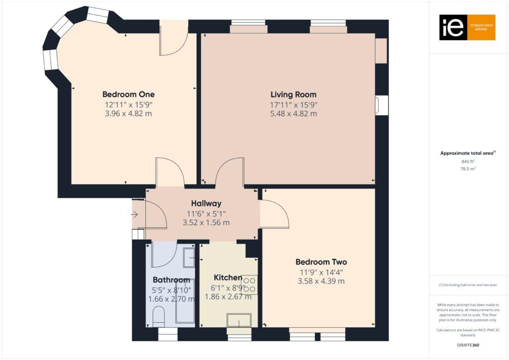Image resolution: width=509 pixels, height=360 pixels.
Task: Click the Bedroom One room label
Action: [128, 94]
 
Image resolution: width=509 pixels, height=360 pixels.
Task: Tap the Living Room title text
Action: [293, 94]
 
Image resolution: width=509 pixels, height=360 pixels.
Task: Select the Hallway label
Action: [206, 203]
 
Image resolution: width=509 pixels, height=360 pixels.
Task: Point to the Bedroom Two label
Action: [321, 262]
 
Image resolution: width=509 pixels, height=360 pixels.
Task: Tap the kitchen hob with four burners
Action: [249, 284]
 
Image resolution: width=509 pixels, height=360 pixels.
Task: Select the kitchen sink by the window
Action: [239, 321]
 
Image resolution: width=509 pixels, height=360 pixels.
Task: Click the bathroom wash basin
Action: [188, 257]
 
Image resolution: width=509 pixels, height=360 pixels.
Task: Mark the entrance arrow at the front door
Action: [135, 215]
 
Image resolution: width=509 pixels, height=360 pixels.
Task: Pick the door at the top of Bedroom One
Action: [172, 39]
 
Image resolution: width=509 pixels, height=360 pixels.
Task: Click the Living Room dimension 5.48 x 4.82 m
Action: [293, 113]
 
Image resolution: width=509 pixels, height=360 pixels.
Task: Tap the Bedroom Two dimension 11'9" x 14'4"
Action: [321, 272]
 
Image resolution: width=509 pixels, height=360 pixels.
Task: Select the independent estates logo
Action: [467, 27]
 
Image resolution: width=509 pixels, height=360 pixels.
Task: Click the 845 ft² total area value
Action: [468, 161]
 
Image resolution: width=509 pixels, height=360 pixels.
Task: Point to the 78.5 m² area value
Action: [468, 169]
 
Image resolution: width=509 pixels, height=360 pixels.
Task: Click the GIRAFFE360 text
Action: [468, 345]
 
